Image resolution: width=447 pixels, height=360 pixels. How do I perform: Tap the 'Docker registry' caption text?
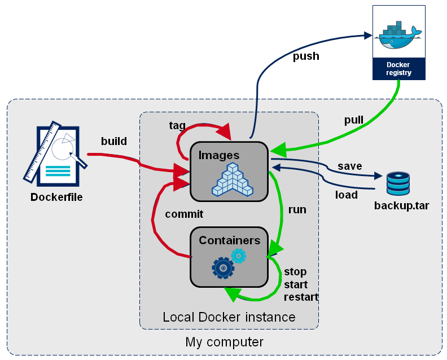pos(398,69)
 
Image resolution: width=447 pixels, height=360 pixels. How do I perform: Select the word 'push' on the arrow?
pos(306,56)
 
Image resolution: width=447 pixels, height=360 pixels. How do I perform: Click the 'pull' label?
pos(354,120)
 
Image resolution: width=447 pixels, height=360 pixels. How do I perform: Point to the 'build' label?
pos(114,141)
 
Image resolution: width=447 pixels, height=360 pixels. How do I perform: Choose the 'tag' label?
pos(177,125)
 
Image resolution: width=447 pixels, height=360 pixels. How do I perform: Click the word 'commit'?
pos(184,214)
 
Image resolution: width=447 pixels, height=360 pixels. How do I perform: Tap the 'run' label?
pos(297,210)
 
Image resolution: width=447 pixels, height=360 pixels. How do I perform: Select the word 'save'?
pos(350,166)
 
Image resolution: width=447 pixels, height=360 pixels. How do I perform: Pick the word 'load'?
pos(347,195)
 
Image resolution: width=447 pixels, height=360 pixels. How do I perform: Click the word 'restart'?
pos(301,297)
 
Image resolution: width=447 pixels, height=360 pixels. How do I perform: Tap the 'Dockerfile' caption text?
pos(56,197)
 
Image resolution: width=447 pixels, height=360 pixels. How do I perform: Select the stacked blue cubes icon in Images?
pos(232,181)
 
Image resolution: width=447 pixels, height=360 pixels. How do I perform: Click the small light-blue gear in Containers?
pos(239,256)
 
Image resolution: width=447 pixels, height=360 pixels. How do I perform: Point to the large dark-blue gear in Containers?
pos(223,267)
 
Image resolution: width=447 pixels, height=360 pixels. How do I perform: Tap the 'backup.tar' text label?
pos(401,205)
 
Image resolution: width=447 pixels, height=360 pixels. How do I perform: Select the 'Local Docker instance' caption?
pos(229,317)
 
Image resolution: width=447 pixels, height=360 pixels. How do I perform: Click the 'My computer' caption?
pos(224,343)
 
